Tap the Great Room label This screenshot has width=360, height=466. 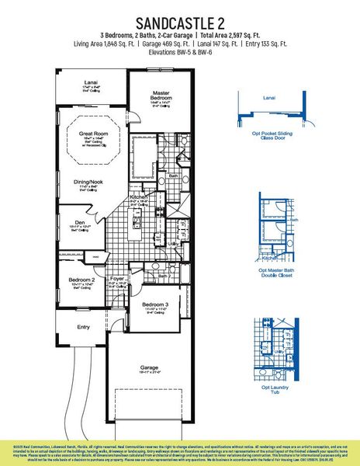92,134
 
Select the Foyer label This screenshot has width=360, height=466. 116,278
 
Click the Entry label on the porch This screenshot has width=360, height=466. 83,327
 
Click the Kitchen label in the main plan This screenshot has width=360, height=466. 138,198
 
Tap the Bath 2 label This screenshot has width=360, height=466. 164,276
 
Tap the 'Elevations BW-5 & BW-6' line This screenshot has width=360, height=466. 180,54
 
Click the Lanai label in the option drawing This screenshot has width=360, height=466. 269,99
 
